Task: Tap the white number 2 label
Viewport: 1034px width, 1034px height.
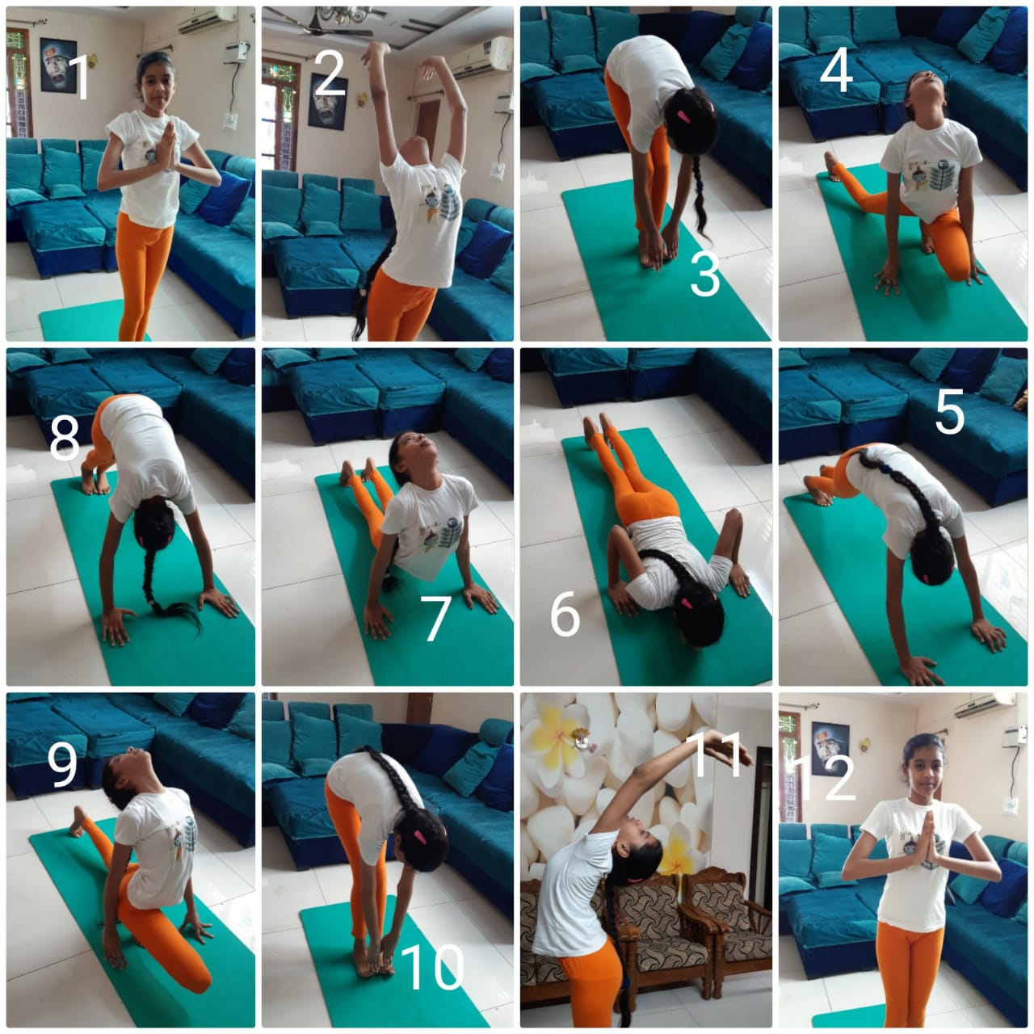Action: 329,74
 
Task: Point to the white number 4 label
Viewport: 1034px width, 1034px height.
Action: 836,69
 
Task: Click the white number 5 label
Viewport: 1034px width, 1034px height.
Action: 949,412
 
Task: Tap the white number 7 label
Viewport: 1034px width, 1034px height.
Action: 435,620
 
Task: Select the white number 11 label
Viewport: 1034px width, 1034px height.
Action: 717,755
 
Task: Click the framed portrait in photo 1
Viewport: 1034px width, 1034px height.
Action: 58,65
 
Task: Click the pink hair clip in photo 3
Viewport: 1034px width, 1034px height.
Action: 683,116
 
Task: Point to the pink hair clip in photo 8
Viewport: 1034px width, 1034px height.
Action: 141,539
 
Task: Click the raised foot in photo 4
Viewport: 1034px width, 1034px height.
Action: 831,166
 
